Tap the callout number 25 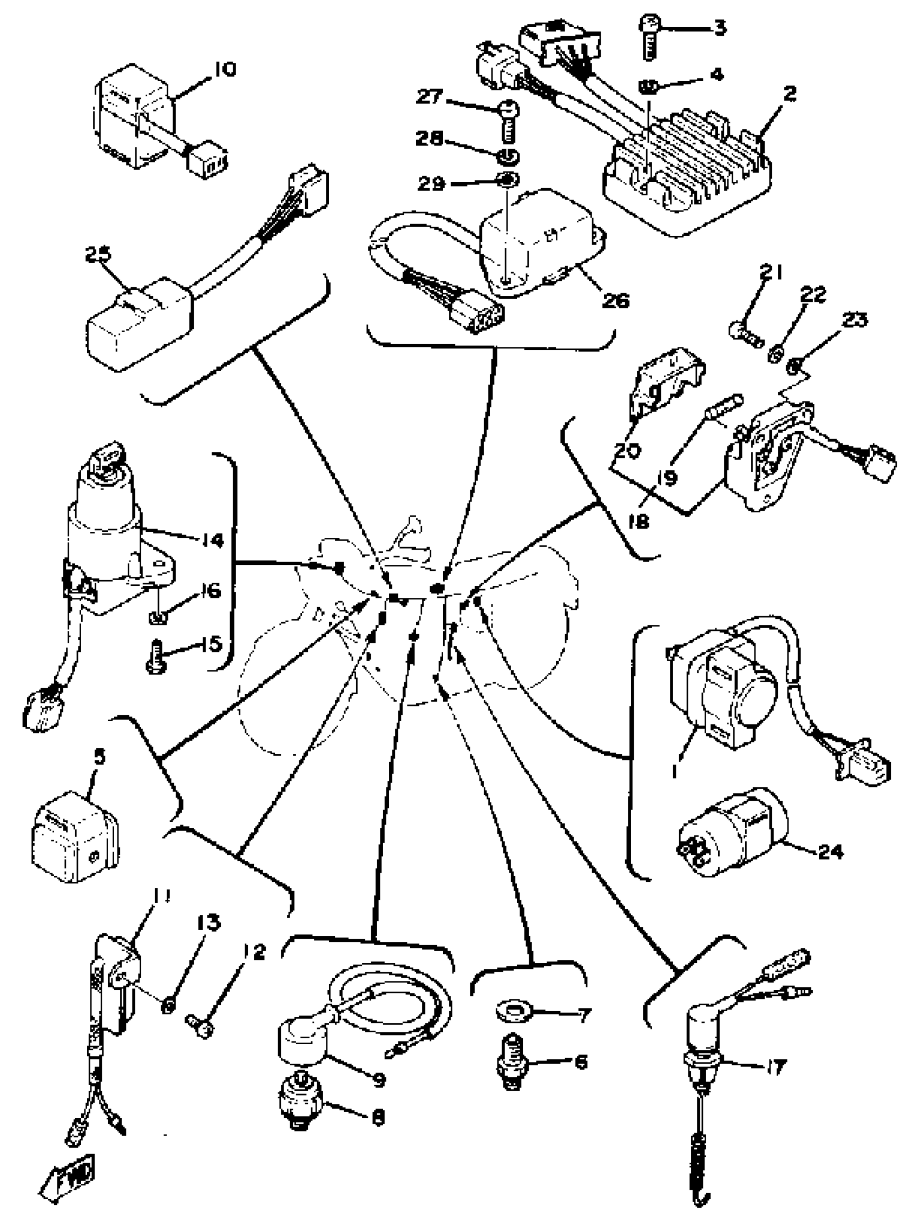(x=97, y=255)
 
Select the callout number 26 (x=615, y=300)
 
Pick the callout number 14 (x=211, y=539)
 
